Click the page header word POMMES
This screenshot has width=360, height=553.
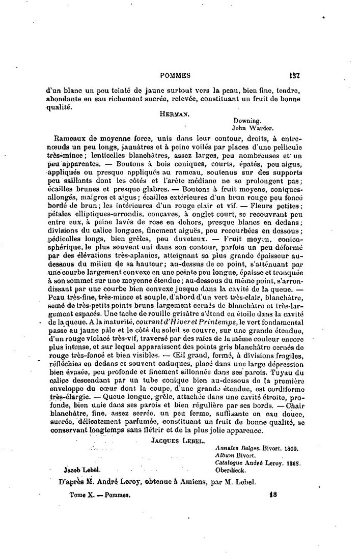175,75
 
